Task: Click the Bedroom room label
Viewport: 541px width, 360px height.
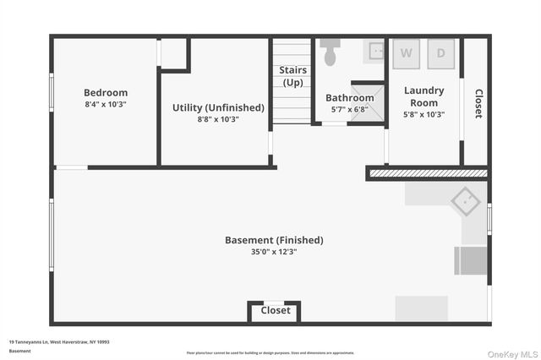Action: pyautogui.click(x=106, y=93)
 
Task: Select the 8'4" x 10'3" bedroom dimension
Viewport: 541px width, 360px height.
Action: pyautogui.click(x=106, y=104)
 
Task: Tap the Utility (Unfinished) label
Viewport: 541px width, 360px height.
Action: pyautogui.click(x=218, y=108)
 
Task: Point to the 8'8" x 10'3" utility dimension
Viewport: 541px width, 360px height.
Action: pyautogui.click(x=218, y=119)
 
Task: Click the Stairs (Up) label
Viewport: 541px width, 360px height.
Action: pyautogui.click(x=293, y=76)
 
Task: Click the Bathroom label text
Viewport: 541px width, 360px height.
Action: pyautogui.click(x=350, y=98)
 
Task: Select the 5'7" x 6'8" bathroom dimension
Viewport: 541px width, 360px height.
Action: pyautogui.click(x=350, y=110)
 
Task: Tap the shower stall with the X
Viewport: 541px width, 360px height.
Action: pyautogui.click(x=368, y=102)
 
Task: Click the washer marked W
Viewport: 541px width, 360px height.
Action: pyautogui.click(x=407, y=52)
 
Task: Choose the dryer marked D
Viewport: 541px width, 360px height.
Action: pyautogui.click(x=440, y=52)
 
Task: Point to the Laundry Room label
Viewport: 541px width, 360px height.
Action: pyautogui.click(x=424, y=96)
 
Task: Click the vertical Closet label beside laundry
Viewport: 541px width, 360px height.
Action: pyautogui.click(x=478, y=104)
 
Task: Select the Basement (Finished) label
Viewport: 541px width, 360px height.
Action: pyautogui.click(x=274, y=240)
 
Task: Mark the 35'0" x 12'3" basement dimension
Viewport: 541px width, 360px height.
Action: pyautogui.click(x=274, y=252)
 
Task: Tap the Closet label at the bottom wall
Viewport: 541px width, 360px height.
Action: pyautogui.click(x=276, y=310)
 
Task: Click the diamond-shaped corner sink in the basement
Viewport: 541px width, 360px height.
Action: pyautogui.click(x=464, y=202)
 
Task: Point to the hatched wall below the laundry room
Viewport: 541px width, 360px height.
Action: pyautogui.click(x=427, y=173)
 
